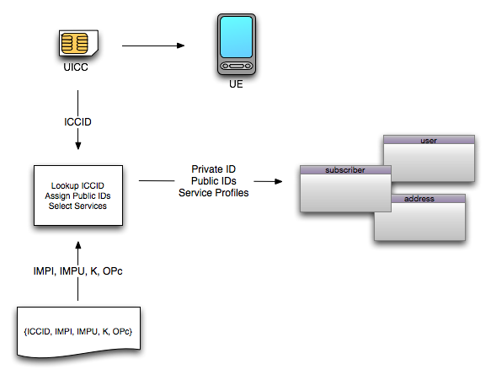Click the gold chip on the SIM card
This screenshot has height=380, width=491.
pyautogui.click(x=74, y=43)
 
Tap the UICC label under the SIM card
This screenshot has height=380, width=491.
pyautogui.click(x=76, y=67)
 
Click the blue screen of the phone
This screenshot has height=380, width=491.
pyautogui.click(x=236, y=37)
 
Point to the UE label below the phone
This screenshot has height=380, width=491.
pyautogui.click(x=236, y=84)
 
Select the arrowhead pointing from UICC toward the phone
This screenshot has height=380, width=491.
pyautogui.click(x=181, y=45)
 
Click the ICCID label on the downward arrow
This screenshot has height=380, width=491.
pyautogui.click(x=77, y=122)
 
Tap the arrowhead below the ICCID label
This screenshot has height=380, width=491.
pyautogui.click(x=78, y=146)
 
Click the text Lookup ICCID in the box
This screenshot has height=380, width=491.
pyautogui.click(x=77, y=185)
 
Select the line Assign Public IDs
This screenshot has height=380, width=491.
pyautogui.click(x=77, y=195)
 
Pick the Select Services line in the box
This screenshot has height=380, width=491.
pyautogui.click(x=77, y=206)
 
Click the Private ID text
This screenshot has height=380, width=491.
pyautogui.click(x=214, y=169)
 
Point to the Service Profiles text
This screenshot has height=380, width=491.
pyautogui.click(x=214, y=193)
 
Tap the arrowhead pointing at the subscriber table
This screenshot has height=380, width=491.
pyautogui.click(x=279, y=181)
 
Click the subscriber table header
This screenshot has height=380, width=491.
pyautogui.click(x=345, y=170)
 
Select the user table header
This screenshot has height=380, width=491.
pyautogui.click(x=429, y=140)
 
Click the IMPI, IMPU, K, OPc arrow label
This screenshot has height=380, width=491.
pyautogui.click(x=77, y=271)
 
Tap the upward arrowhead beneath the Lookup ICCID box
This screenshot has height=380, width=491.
pyautogui.click(x=78, y=245)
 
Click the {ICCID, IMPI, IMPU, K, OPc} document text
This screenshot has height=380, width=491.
pyautogui.click(x=78, y=331)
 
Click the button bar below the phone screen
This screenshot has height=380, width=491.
pyautogui.click(x=237, y=66)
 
